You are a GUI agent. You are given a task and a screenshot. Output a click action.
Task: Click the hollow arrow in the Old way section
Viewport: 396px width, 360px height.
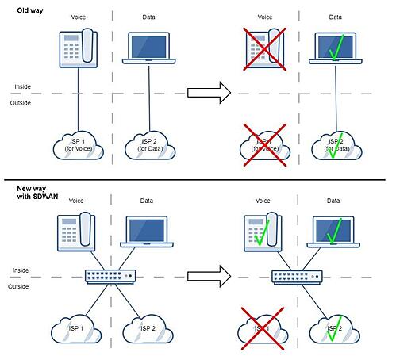208,94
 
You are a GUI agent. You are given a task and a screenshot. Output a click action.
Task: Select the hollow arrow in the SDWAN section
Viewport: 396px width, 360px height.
208,277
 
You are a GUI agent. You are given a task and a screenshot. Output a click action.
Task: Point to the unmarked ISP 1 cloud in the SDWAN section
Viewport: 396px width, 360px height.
77,328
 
